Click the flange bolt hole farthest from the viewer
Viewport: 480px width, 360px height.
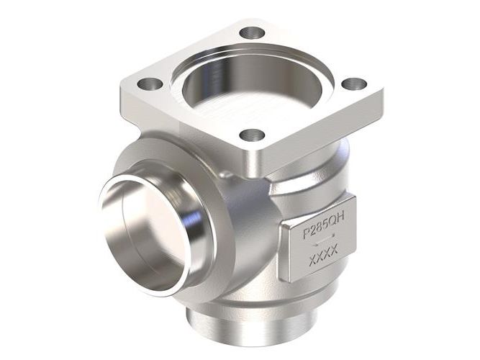252,33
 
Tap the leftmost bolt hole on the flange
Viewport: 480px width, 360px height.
150,84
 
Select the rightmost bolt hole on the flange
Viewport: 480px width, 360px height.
354,84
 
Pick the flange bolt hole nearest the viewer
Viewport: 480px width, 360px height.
252,135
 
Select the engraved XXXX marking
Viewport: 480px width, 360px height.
324,256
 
